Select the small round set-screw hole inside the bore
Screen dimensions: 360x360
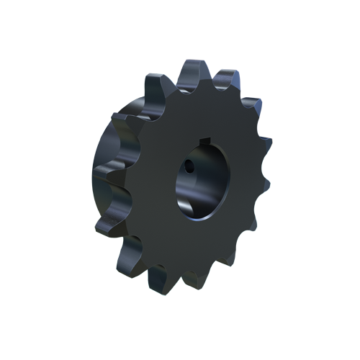click(188, 167)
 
